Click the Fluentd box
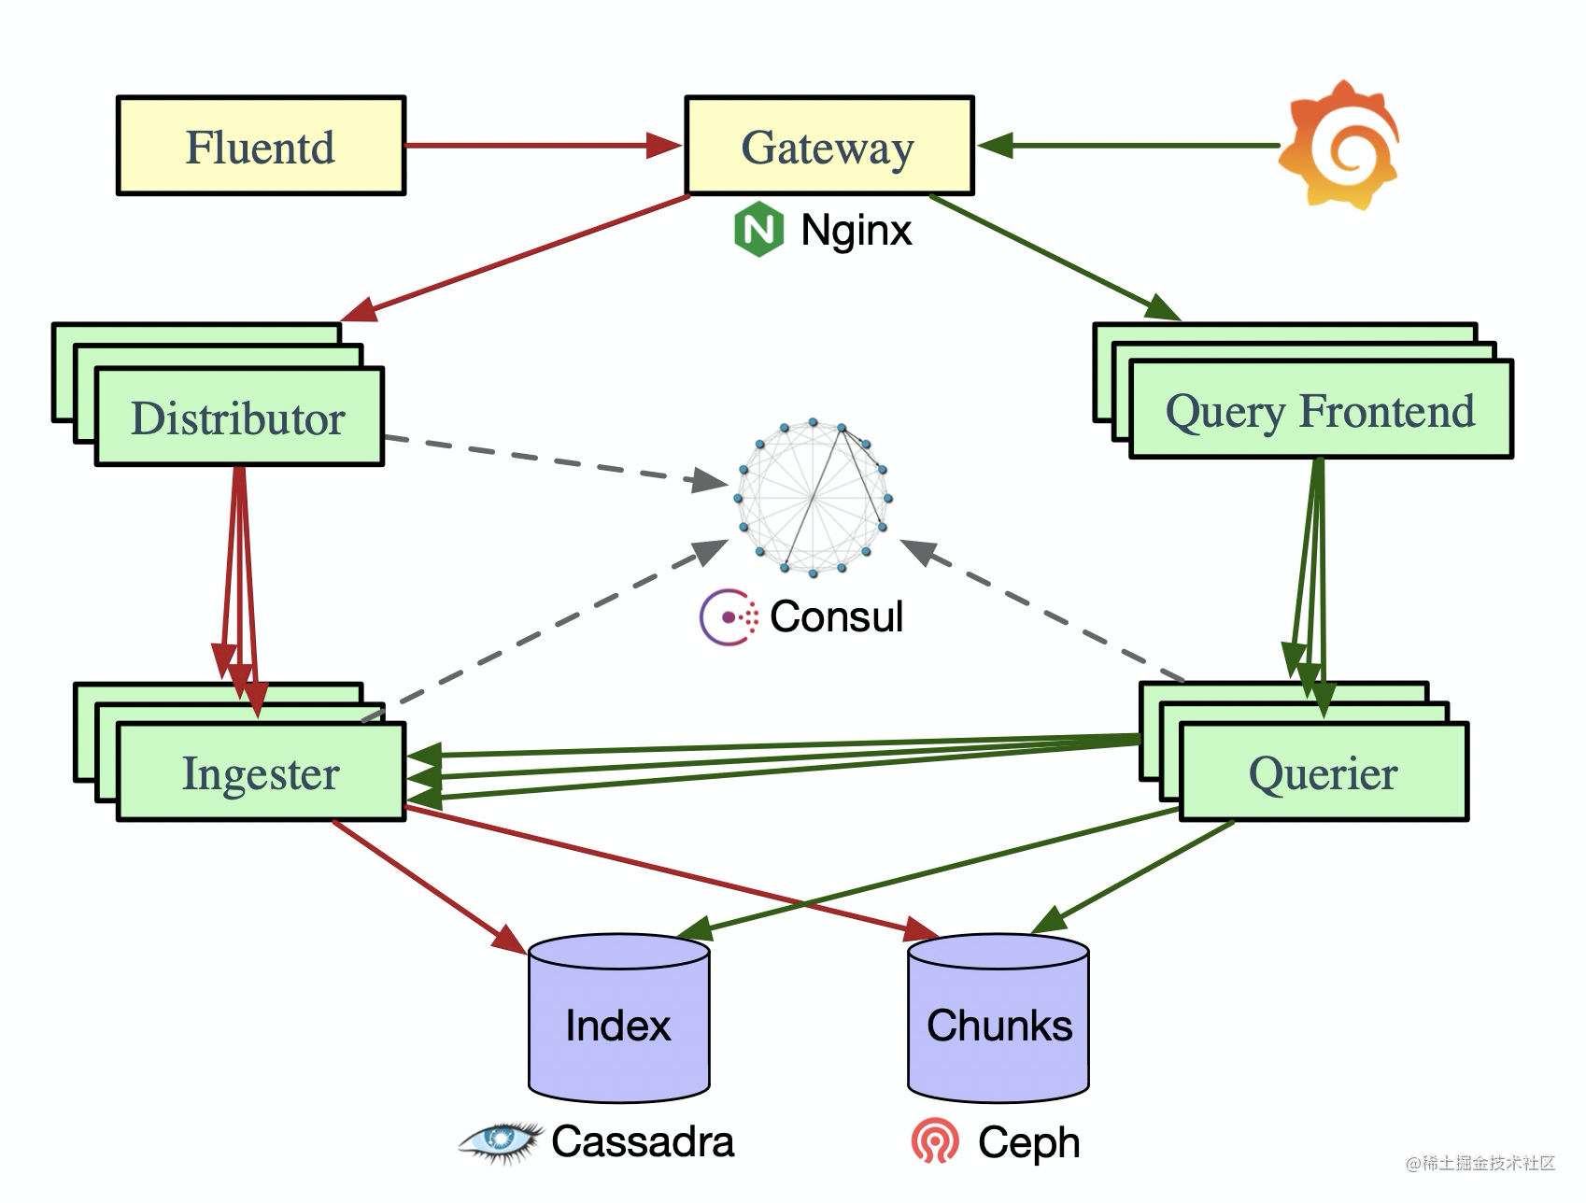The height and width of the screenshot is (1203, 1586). [261, 146]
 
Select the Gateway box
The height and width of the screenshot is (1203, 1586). [828, 146]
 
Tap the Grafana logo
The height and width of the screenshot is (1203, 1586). [1340, 145]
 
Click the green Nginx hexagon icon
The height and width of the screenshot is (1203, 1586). [758, 230]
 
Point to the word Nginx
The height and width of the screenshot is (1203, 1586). [856, 230]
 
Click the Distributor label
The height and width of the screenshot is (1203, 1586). [238, 418]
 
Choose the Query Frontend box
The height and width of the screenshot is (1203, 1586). [1320, 410]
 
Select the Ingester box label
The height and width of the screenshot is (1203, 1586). [261, 772]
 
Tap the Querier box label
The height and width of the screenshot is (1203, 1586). [1323, 772]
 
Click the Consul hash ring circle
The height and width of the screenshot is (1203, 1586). [814, 497]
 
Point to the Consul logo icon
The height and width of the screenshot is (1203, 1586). [729, 616]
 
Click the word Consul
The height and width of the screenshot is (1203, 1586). [836, 616]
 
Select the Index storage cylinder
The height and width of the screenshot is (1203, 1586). [618, 1018]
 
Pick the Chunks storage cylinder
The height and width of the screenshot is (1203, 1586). [998, 1018]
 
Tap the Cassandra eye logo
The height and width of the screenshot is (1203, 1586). [501, 1140]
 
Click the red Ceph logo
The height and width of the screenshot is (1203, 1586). [935, 1141]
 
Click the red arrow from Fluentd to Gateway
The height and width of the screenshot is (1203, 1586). [542, 146]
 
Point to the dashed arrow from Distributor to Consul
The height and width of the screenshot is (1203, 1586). [551, 460]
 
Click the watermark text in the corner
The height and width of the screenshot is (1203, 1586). [1480, 1163]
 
